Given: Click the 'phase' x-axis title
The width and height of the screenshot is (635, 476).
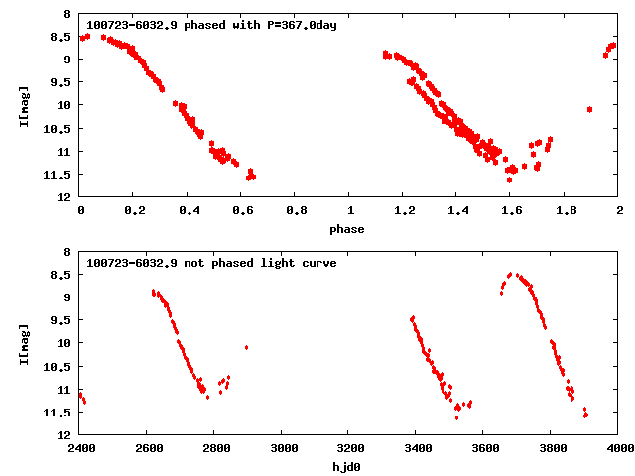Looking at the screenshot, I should pos(349,229).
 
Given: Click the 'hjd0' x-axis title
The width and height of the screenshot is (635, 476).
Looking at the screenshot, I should pos(349,467).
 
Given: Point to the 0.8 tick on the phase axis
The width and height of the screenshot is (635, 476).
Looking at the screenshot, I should pos(296,211).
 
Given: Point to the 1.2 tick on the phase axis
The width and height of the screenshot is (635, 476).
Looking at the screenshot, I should pos(404,211).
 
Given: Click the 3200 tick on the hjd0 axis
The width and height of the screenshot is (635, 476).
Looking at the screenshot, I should pos(349,449).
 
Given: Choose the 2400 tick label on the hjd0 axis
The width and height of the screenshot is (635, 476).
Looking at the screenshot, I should pos(80,449).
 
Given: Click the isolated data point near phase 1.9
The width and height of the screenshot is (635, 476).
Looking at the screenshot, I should pos(589,109).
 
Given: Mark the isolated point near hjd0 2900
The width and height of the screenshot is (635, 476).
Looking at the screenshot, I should pos(246,347).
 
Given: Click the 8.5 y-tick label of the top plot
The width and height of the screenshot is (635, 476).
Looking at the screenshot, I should pos(61,37).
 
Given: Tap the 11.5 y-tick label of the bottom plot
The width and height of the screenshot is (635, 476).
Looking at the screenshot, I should pos(58,412).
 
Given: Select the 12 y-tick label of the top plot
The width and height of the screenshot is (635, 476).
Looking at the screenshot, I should pos(64,197).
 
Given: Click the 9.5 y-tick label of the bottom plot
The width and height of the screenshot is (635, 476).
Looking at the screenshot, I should pos(61,320).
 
